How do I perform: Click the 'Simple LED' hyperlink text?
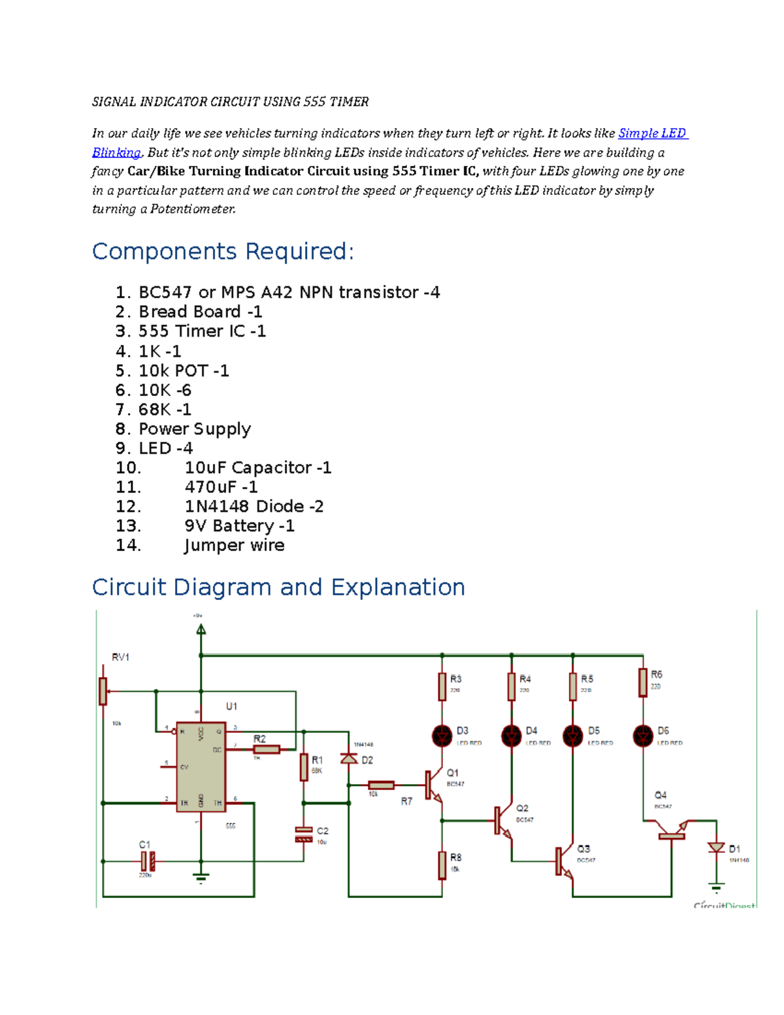(652, 133)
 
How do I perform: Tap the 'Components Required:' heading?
(223, 252)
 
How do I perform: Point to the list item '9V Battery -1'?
(239, 526)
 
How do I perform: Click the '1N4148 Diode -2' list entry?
(253, 507)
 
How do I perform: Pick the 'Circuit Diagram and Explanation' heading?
(278, 587)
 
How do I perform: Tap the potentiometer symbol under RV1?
(103, 691)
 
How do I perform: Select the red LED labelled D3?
(442, 736)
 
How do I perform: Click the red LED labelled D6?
(643, 736)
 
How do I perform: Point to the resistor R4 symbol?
(512, 686)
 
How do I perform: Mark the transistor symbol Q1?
(433, 785)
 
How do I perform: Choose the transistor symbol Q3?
(563, 861)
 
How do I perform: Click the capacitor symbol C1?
(148, 861)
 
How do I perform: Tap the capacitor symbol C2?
(304, 834)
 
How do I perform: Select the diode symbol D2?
(349, 759)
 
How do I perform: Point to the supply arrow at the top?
(201, 629)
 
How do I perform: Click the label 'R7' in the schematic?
(406, 801)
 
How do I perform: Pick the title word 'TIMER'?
(349, 102)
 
